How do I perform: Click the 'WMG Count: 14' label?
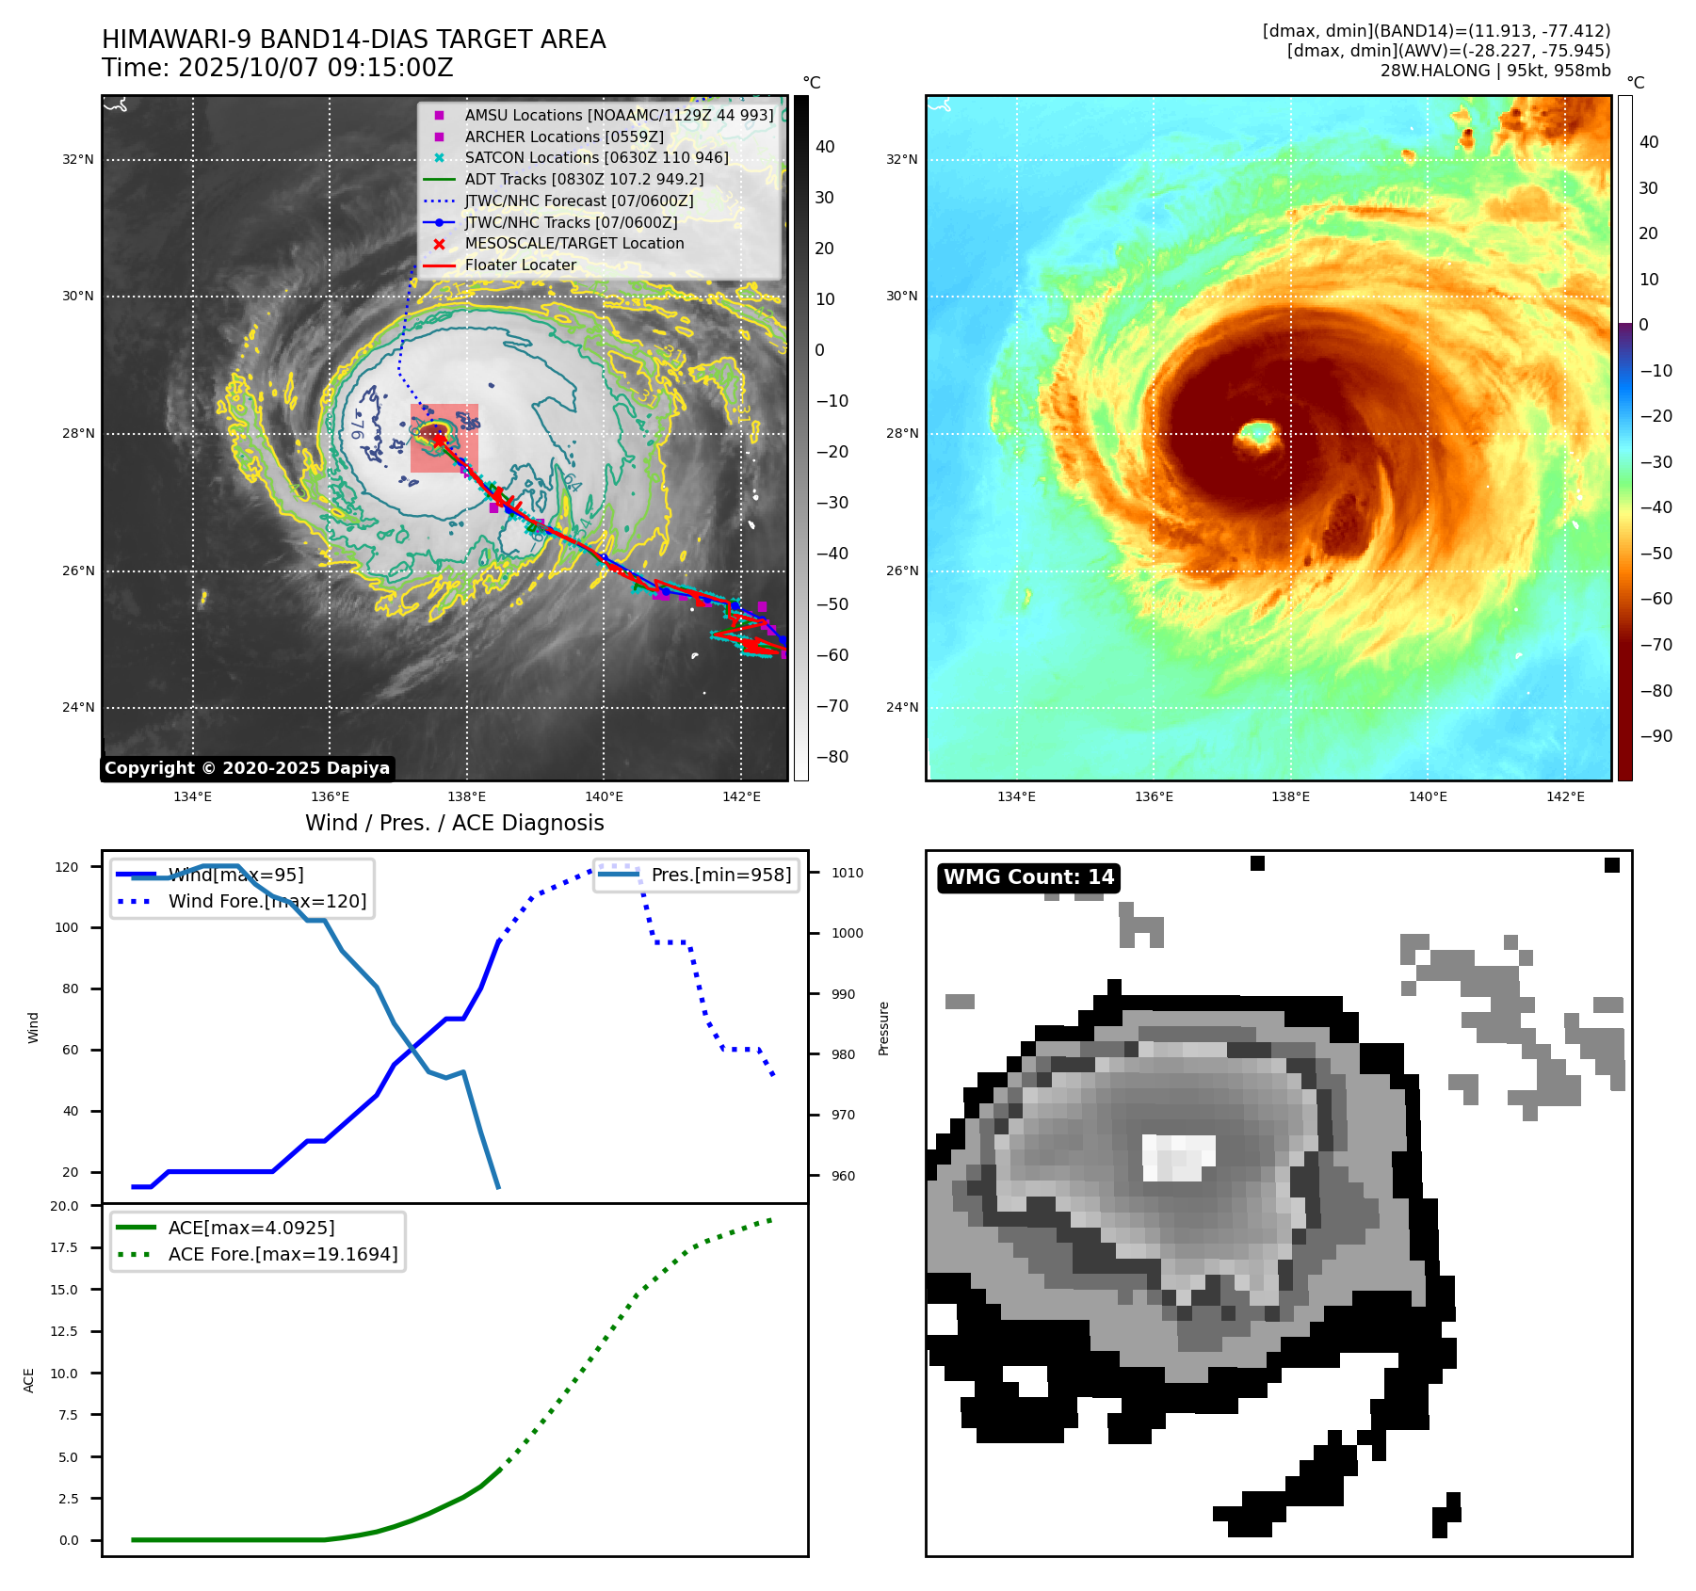1028,877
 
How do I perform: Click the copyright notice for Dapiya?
247,768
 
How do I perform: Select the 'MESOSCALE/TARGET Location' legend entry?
573,243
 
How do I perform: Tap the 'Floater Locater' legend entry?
520,265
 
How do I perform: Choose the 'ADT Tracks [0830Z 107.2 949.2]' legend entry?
584,179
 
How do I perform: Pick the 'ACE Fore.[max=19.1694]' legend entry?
283,1254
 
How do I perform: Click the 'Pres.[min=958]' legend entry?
720,875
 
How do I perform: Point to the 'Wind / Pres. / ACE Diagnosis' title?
455,823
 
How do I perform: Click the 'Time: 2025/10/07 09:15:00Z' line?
278,68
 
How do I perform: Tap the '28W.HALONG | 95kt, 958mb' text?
1495,71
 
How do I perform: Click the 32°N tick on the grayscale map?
78,160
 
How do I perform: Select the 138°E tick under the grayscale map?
467,796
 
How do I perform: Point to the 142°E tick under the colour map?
1565,796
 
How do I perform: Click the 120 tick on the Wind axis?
67,867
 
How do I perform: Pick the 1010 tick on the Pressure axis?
847,873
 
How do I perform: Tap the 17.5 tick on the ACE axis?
65,1247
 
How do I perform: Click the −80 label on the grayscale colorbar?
832,757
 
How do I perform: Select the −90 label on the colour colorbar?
1656,736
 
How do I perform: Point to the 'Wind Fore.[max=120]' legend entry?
267,901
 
